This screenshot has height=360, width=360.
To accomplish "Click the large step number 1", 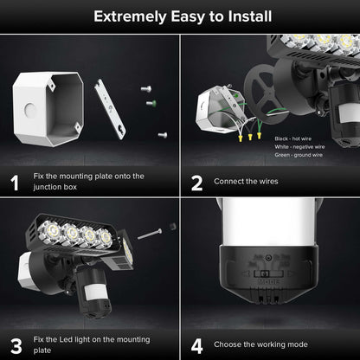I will pos(15,183).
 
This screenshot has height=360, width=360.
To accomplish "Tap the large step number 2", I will pos(196,183).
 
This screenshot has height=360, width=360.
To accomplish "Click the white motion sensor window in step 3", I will pos(91,289).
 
